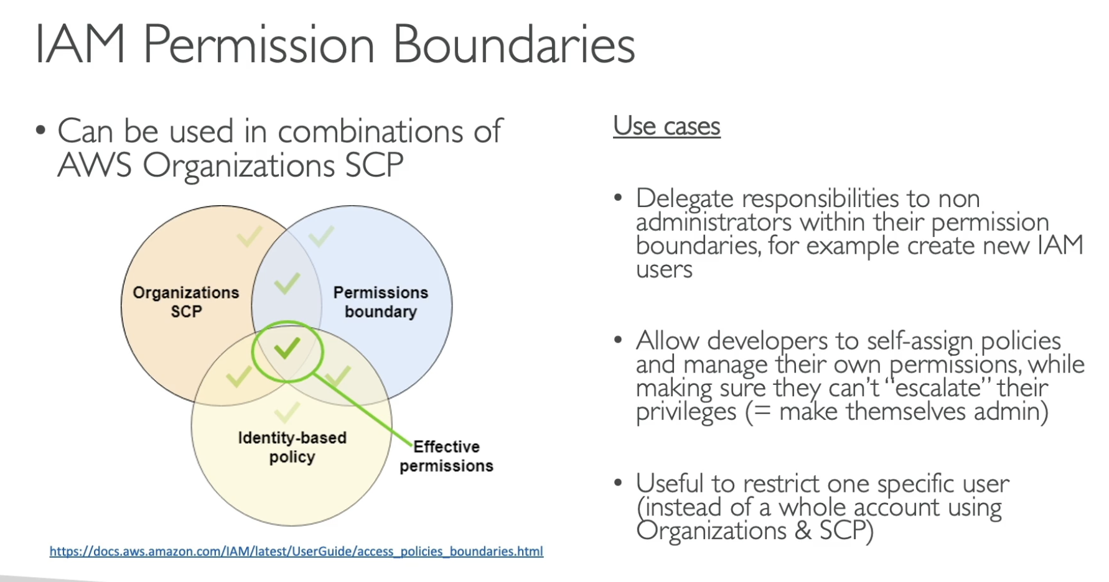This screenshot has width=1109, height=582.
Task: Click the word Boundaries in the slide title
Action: [513, 45]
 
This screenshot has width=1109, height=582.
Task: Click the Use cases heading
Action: [667, 126]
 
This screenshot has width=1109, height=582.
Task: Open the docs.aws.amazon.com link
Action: [296, 552]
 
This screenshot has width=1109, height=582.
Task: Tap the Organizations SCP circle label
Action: [186, 302]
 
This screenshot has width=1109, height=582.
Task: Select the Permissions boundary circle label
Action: [380, 302]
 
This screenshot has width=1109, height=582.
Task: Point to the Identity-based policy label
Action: [292, 447]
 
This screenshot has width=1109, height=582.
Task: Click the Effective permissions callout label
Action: [446, 456]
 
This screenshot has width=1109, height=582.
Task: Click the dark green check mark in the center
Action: [287, 349]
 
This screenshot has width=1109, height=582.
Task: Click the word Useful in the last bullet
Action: [670, 484]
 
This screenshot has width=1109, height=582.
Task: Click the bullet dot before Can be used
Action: [41, 131]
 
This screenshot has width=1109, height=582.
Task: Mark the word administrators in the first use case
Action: [714, 223]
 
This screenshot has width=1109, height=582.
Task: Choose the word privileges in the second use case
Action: [686, 412]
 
